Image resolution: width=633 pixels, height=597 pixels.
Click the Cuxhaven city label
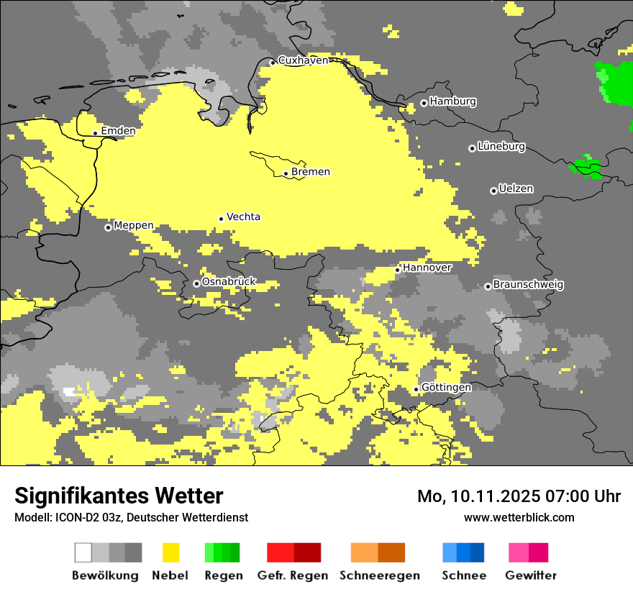tap(303, 60)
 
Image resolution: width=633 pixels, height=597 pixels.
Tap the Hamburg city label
tap(452, 101)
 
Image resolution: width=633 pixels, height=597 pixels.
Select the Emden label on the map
tap(118, 131)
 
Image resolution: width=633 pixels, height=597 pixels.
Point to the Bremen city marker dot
tap(286, 173)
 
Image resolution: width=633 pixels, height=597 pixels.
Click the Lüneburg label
tap(501, 147)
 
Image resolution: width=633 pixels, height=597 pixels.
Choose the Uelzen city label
tap(516, 189)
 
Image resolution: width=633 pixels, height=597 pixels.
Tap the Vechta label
tap(243, 217)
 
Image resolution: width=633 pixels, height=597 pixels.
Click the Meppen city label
tap(134, 226)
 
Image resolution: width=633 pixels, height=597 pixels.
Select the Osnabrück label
tap(229, 282)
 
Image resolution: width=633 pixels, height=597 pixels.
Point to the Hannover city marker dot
tap(397, 270)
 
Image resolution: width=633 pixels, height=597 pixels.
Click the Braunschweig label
tap(528, 285)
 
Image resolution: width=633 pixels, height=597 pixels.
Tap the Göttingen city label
tap(446, 388)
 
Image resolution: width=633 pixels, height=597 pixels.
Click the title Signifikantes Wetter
tap(119, 496)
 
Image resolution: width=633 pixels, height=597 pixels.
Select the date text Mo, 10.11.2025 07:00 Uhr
tap(519, 496)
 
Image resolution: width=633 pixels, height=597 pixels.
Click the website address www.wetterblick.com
tap(519, 517)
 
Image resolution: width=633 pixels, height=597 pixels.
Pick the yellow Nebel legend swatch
tap(170, 552)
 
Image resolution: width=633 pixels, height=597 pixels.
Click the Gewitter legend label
tap(530, 575)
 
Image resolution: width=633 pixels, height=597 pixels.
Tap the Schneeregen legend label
tap(380, 575)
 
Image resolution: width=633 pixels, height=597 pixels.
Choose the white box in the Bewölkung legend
tap(83, 552)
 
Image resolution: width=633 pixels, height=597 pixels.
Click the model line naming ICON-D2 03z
tap(131, 518)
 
